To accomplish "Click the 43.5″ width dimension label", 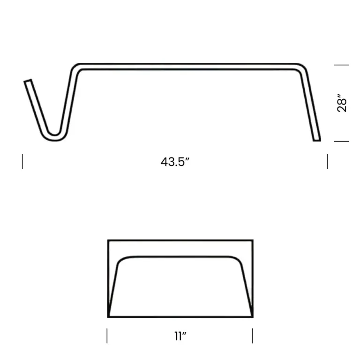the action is click(175, 162).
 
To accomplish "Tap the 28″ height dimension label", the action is click(342, 103).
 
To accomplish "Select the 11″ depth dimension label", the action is click(180, 337).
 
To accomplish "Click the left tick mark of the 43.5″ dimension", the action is click(22, 161).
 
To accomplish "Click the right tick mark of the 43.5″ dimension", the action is click(327, 161).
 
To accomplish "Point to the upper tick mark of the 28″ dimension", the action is click(341, 65).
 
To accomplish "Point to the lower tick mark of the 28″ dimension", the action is click(341, 141).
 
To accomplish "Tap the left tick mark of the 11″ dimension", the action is click(107, 336).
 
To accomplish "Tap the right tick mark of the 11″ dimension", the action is click(252, 336).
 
